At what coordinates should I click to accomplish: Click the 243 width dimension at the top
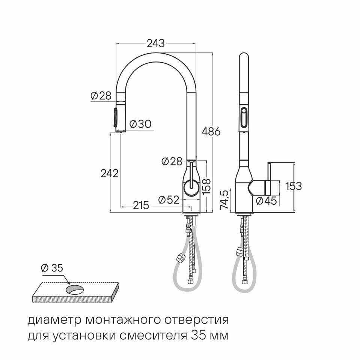point(156,43)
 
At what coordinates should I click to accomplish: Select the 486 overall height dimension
point(211,132)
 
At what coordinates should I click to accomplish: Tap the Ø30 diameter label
point(140,124)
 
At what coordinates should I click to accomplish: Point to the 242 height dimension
point(110,174)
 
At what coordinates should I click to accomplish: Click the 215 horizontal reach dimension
point(141,205)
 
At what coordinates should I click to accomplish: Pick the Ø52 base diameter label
point(169,200)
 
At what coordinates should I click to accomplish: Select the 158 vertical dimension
point(207,186)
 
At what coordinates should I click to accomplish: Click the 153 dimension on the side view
point(293,186)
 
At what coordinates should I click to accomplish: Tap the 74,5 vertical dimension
point(224,199)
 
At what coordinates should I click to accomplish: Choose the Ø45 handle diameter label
point(266,201)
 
